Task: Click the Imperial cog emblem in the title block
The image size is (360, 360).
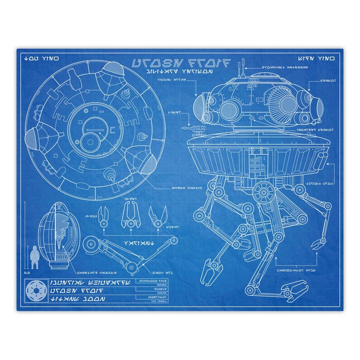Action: coord(34,290)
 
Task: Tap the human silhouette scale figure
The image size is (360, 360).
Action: coord(34,258)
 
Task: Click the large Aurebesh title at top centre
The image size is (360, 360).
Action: coord(180,63)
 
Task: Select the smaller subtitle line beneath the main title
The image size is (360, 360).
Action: coord(176,72)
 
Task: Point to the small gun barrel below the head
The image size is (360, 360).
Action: coord(197,130)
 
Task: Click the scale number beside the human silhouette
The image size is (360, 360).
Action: coord(27,272)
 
